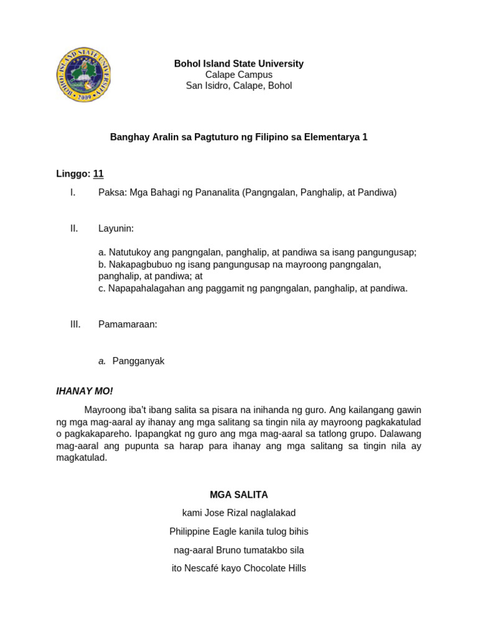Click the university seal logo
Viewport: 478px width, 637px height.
coord(83,75)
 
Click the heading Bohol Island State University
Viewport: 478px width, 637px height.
coord(238,63)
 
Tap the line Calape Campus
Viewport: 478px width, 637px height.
coord(238,75)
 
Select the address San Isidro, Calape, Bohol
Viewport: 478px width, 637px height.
coord(238,86)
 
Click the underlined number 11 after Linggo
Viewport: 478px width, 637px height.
coord(98,174)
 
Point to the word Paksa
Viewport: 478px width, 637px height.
coord(111,193)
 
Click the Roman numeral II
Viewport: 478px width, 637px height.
coord(74,229)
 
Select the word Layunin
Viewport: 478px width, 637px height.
coord(116,229)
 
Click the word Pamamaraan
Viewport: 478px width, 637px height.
coord(128,325)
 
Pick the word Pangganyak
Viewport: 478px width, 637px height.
coord(138,361)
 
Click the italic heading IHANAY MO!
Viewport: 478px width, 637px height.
coord(85,391)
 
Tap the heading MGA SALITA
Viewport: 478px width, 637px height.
coord(238,495)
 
